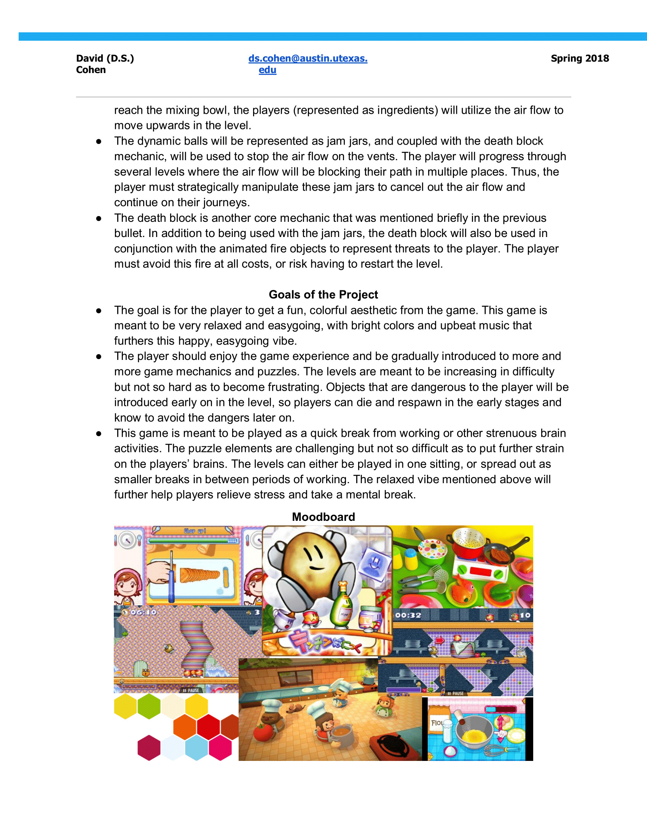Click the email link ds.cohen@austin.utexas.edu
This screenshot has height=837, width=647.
pyautogui.click(x=308, y=59)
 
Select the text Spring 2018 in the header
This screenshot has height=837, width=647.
pyautogui.click(x=580, y=59)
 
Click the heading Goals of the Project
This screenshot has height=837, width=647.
pyautogui.click(x=323, y=294)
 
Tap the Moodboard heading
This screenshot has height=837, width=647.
pyautogui.click(x=323, y=517)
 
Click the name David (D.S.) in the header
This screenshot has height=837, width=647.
pyautogui.click(x=105, y=59)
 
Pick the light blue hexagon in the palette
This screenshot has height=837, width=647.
pyautogui.click(x=196, y=747)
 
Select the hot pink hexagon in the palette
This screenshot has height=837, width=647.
pyautogui.click(x=220, y=747)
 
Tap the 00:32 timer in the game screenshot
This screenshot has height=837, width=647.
pyautogui.click(x=408, y=616)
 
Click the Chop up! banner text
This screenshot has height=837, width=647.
pyautogui.click(x=195, y=531)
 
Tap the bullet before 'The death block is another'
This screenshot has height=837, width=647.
pyautogui.click(x=99, y=218)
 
